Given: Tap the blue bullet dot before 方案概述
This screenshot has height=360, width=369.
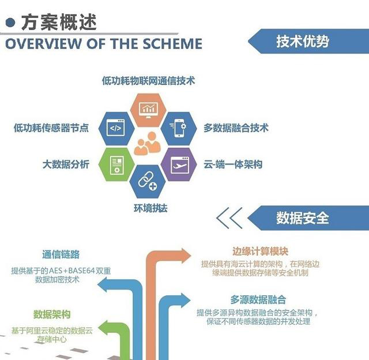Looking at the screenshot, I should [x=10, y=22].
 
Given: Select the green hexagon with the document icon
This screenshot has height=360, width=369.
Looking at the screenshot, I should [x=115, y=164].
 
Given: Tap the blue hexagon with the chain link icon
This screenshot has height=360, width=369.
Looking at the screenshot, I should [x=148, y=182].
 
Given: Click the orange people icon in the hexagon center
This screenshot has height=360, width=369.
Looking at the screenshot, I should [x=147, y=144].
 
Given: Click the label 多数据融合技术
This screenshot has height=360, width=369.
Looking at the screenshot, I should [x=235, y=129].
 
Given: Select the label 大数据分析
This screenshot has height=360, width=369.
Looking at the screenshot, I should [x=66, y=164].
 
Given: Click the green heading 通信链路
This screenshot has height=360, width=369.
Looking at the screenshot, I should [x=61, y=254].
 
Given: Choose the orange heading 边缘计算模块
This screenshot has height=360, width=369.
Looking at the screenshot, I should [x=260, y=252].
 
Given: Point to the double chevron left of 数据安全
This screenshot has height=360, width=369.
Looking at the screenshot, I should [x=229, y=218].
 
